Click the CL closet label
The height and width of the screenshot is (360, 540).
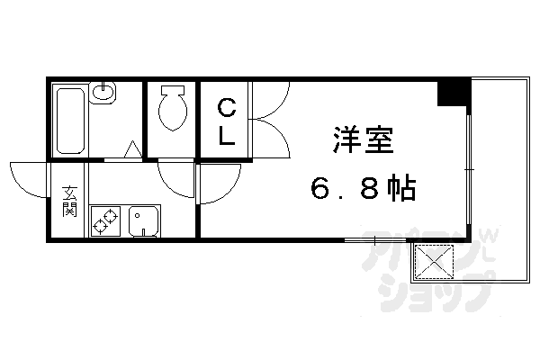(x=227, y=124)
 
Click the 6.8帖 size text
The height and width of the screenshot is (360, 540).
(x=363, y=190)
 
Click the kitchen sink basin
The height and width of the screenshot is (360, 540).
(x=144, y=220)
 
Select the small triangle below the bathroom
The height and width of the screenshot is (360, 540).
(x=132, y=151)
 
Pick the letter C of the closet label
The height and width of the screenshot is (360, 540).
(x=227, y=110)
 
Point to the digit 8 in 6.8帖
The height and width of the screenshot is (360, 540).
(x=369, y=190)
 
